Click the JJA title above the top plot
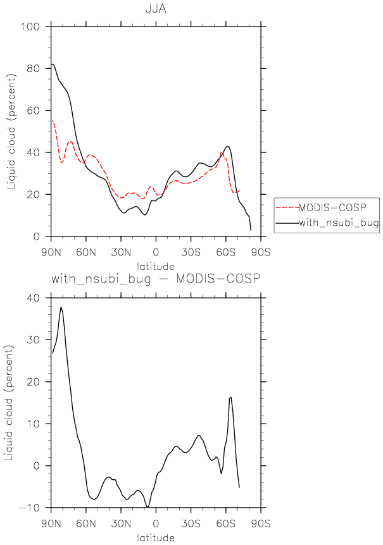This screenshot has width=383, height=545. tap(156, 8)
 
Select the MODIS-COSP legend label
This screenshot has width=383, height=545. tap(332, 207)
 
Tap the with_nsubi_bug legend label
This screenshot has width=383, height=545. tap(339, 223)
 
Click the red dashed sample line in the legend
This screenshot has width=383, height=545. tap(287, 207)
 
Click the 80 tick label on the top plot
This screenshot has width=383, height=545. tap(33, 68)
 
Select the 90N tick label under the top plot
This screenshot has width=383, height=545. tap(51, 252)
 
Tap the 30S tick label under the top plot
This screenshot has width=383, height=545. tap(191, 252)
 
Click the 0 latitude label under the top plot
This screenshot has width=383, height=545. tap(156, 252)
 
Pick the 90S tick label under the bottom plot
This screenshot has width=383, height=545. tap(261, 524)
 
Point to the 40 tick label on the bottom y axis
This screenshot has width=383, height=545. tap(33, 298)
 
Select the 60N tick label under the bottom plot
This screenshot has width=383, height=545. tap(86, 524)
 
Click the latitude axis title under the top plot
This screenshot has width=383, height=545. tap(156, 267)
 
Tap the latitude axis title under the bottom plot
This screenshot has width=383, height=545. tap(156, 537)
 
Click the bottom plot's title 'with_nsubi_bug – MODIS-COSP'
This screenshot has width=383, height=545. tap(156, 279)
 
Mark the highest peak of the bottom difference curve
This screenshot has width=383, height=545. tap(61, 307)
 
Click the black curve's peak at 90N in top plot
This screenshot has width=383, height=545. tap(52, 64)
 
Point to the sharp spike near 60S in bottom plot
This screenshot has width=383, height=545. tap(230, 397)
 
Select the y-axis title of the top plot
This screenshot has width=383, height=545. tap(11, 132)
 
